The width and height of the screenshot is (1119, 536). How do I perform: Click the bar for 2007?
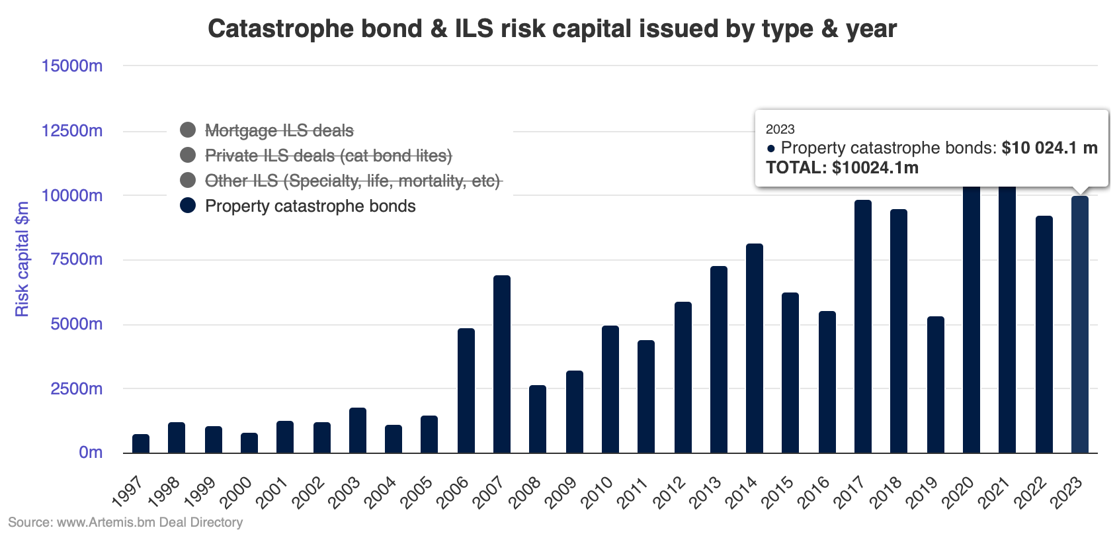pyautogui.click(x=502, y=364)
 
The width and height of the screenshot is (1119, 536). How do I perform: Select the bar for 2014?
pyautogui.click(x=754, y=348)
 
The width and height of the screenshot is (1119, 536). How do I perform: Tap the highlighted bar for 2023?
pyautogui.click(x=1079, y=324)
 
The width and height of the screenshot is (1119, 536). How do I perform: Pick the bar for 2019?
pyautogui.click(x=935, y=384)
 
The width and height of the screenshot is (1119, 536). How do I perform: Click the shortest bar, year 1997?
pyautogui.click(x=141, y=443)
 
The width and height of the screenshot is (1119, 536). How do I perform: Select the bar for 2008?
pyautogui.click(x=538, y=419)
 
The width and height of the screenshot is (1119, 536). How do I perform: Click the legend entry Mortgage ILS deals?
pyautogui.click(x=278, y=130)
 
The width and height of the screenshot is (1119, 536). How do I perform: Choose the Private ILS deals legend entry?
pyautogui.click(x=328, y=156)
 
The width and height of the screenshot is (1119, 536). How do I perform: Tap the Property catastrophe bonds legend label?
pyautogui.click(x=310, y=206)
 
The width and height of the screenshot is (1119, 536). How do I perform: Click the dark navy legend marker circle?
pyautogui.click(x=188, y=205)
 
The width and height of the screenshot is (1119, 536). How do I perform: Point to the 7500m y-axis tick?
pyautogui.click(x=77, y=259)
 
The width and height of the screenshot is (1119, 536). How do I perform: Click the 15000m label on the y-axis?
pyautogui.click(x=71, y=66)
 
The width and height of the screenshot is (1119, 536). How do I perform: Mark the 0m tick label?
pyautogui.click(x=91, y=453)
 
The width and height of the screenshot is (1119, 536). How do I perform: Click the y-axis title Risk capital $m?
pyautogui.click(x=22, y=259)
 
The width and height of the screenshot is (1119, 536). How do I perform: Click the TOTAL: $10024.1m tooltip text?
pyautogui.click(x=842, y=167)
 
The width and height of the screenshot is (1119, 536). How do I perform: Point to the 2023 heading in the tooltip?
pyautogui.click(x=780, y=129)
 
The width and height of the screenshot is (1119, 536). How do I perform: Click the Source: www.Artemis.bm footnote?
pyautogui.click(x=126, y=522)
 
